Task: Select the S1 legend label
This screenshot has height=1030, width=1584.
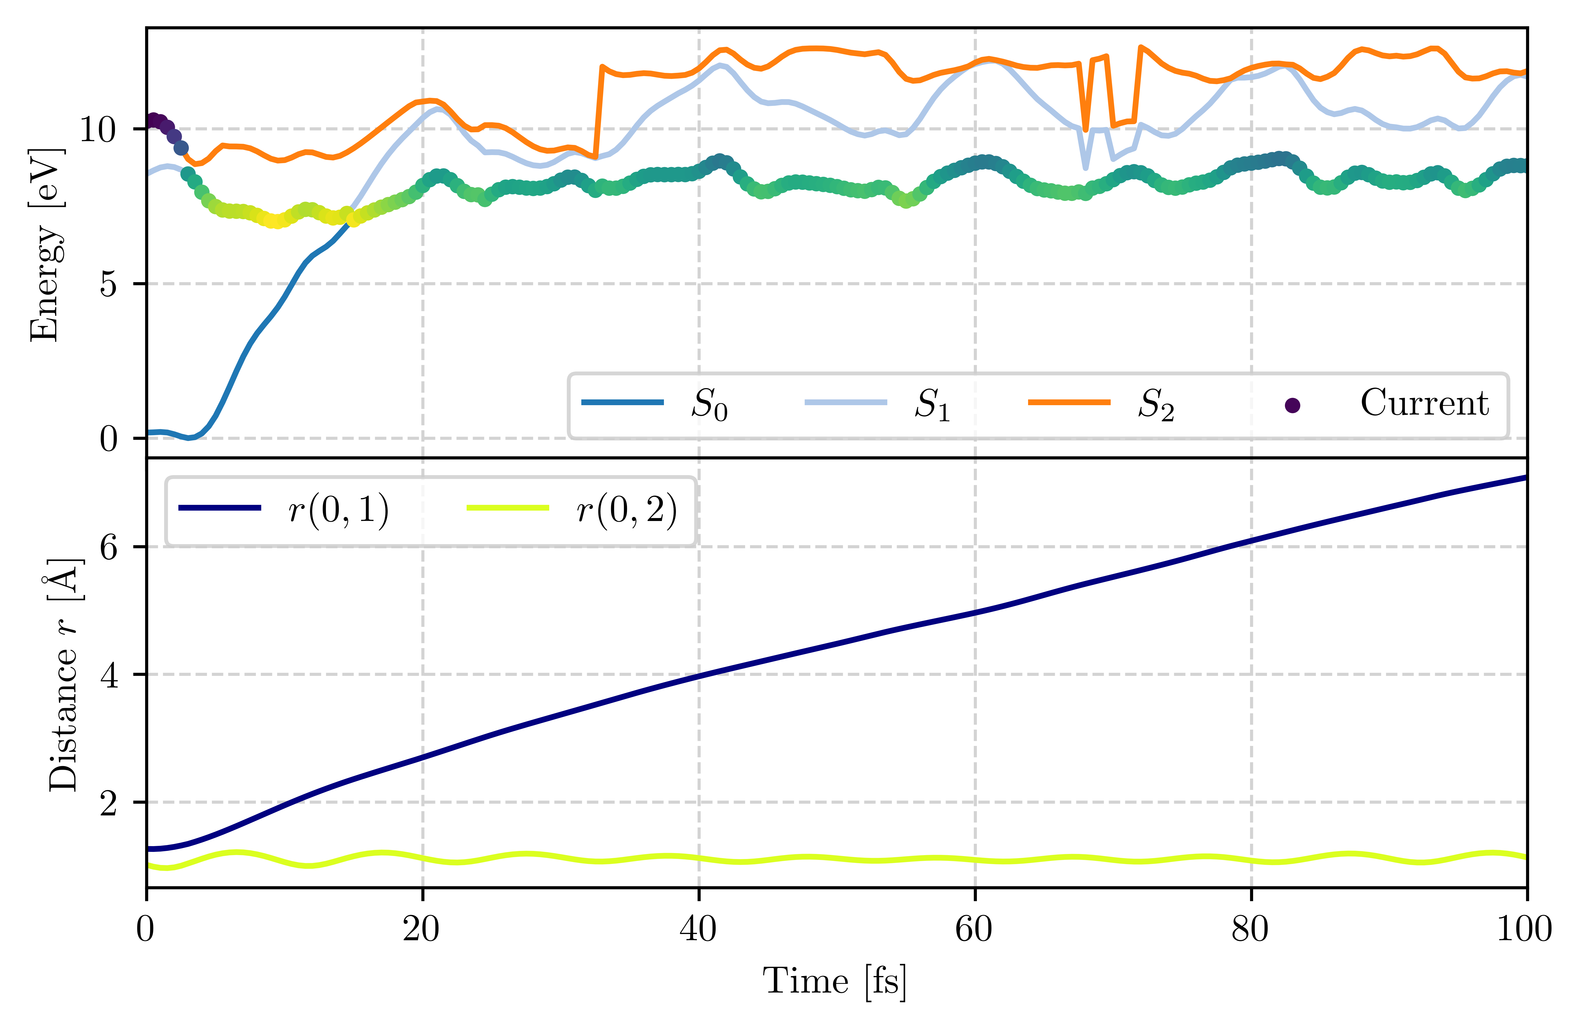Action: coord(932,404)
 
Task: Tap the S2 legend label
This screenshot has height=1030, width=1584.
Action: coord(1155,404)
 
